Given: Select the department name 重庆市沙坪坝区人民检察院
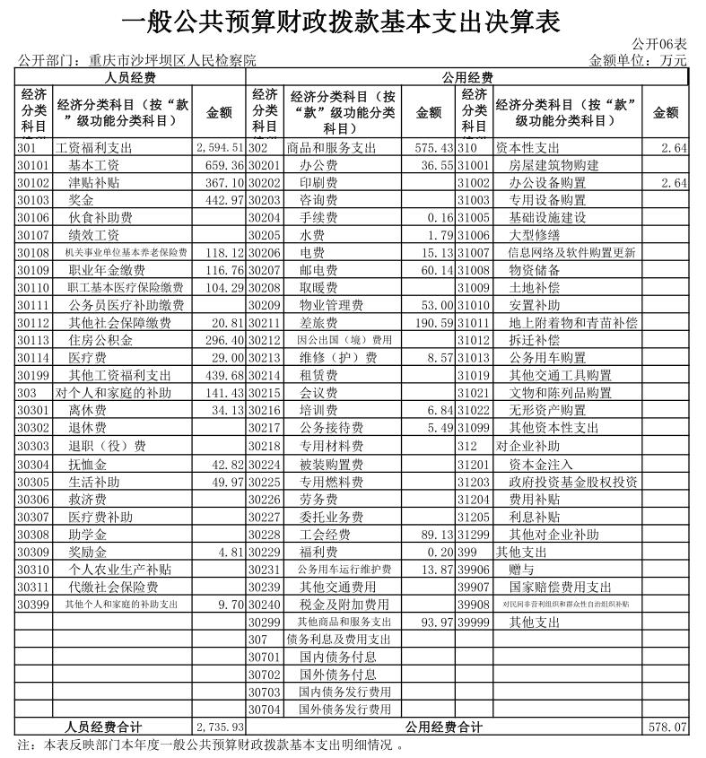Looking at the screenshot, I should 172,61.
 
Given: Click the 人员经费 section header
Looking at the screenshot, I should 131,78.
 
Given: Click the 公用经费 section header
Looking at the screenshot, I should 467,78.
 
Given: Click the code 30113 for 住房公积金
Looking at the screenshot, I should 34,340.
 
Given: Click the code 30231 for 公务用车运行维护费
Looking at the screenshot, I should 266,569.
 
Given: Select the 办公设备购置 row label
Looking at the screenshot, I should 547,183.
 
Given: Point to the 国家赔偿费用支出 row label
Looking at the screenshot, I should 561,587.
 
